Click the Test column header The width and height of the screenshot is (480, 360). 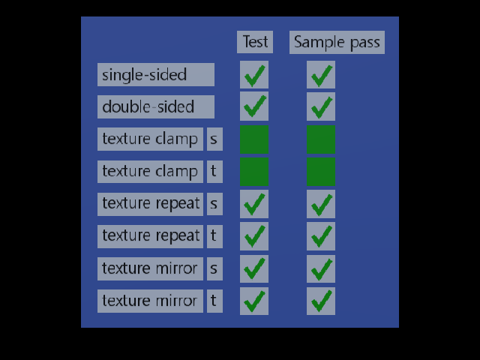(x=255, y=42)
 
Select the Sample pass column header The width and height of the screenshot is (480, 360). (x=337, y=42)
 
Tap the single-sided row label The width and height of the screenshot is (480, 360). (x=156, y=75)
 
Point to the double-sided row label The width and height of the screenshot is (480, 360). (x=156, y=106)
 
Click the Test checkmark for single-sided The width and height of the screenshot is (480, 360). (x=254, y=75)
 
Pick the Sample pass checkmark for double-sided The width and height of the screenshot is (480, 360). (x=321, y=106)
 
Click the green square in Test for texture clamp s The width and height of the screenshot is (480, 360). (x=254, y=139)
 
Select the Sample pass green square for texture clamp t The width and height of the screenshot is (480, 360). (x=321, y=172)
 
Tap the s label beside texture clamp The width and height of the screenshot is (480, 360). (x=215, y=139)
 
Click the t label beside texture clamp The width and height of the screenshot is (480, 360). (x=215, y=172)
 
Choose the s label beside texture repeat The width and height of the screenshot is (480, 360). (x=215, y=204)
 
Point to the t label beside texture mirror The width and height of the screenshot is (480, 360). (x=215, y=301)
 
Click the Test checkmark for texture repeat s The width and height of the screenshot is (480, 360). (x=254, y=204)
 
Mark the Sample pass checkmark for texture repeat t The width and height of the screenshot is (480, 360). (x=321, y=236)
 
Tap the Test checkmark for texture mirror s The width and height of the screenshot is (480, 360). (x=254, y=268)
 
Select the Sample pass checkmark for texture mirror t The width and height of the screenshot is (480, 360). (x=321, y=301)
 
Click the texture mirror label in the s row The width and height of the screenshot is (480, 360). (x=150, y=268)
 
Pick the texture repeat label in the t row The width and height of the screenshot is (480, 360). (x=150, y=236)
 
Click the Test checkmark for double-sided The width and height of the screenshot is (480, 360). (x=254, y=106)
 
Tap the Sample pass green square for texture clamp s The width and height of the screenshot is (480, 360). (x=321, y=139)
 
